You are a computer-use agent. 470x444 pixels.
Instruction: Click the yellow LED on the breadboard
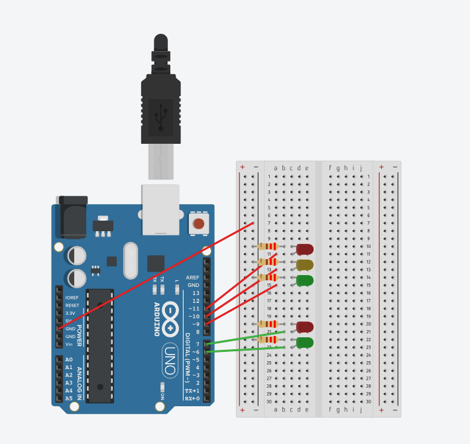point(305,265)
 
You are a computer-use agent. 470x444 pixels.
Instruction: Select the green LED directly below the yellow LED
point(305,280)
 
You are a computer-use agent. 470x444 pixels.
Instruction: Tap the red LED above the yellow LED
point(305,249)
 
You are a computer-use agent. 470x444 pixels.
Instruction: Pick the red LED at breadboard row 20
point(305,327)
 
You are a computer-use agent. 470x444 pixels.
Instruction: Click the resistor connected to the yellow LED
point(268,262)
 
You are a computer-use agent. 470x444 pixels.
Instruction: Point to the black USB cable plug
point(160,106)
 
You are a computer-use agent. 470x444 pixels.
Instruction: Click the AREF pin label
point(192,277)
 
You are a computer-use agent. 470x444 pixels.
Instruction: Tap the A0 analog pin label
point(68,360)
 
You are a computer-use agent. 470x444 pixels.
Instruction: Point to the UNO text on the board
point(170,361)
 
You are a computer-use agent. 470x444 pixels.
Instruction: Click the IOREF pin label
point(72,298)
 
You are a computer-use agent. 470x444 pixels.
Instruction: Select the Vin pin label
point(69,345)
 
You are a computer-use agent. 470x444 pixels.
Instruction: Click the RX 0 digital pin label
point(192,399)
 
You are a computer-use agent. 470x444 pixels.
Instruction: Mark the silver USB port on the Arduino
point(160,209)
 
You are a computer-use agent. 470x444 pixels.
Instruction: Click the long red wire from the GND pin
point(156,276)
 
